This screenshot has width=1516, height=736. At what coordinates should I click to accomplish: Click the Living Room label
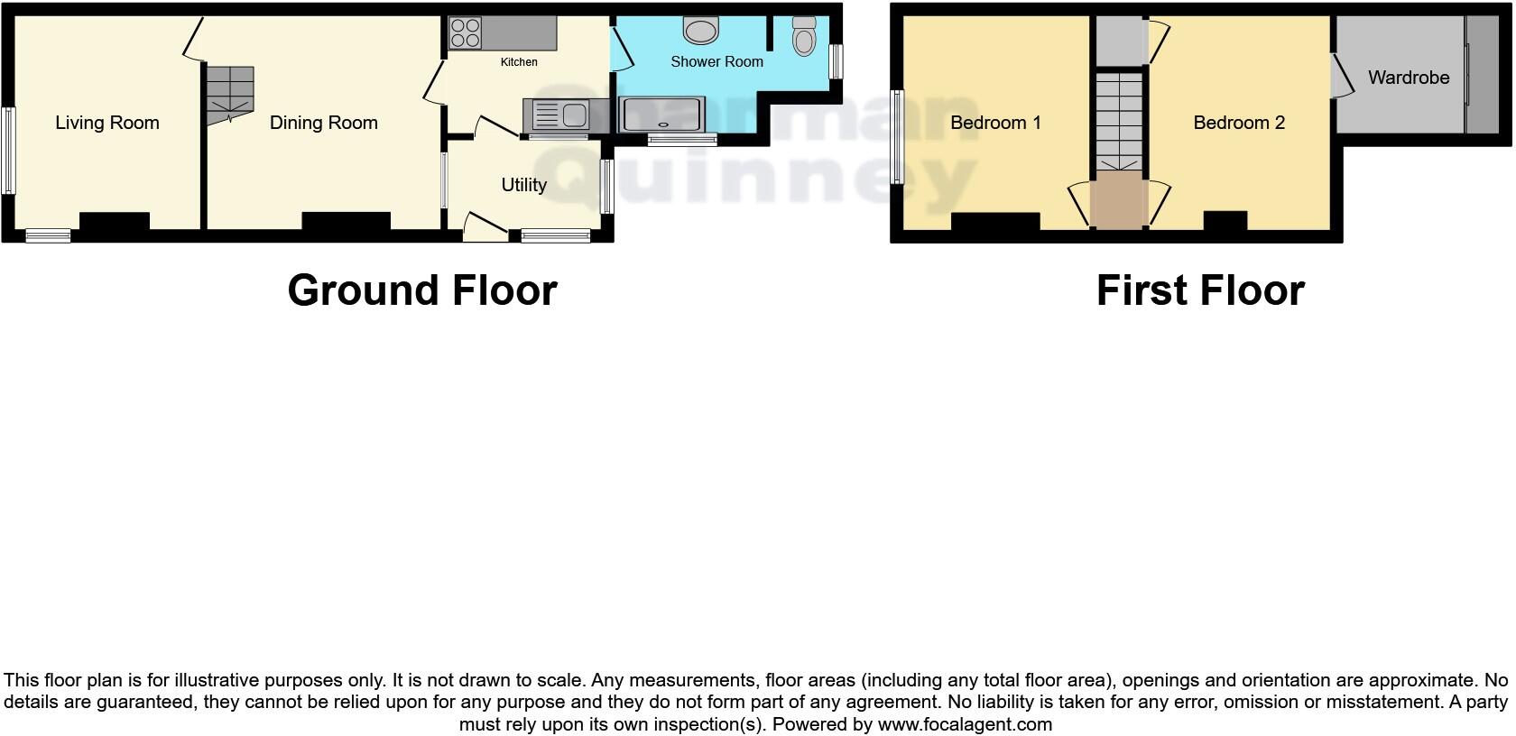point(106,123)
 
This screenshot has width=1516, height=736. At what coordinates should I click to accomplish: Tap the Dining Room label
point(323,123)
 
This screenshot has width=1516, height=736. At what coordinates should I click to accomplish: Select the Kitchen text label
point(519,62)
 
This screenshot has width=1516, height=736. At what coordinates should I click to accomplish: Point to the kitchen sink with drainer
point(554,115)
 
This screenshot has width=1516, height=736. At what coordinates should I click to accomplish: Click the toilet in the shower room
point(803,36)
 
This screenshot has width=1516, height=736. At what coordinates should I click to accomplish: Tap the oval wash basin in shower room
point(700,31)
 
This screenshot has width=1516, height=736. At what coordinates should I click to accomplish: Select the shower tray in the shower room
point(662,115)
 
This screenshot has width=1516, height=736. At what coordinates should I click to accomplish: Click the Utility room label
point(523,185)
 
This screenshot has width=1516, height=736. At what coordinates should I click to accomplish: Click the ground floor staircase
point(229,93)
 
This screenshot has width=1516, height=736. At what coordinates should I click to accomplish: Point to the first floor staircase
point(1119,121)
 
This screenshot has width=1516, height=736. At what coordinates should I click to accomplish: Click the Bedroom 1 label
point(995,123)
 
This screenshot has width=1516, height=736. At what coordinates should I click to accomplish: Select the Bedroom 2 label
point(1238,123)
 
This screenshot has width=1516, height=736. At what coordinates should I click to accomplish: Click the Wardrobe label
point(1408,78)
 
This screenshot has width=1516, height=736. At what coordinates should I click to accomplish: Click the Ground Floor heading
point(422,290)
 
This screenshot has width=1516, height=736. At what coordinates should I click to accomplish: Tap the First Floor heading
point(1199,290)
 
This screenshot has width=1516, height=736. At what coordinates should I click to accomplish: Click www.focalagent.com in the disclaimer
point(965,724)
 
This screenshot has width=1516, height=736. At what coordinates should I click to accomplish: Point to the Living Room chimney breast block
point(115,221)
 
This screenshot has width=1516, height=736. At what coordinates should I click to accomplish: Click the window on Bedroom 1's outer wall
point(896,136)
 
